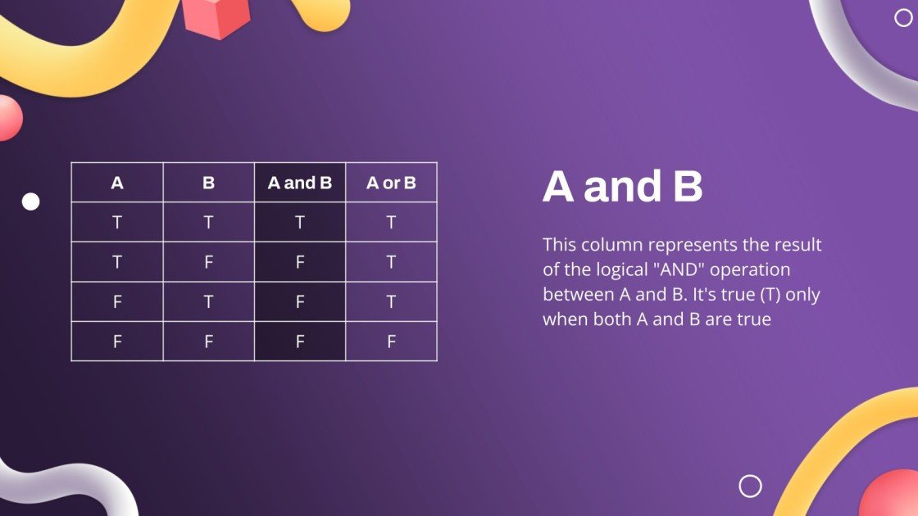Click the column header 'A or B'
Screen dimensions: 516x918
click(x=391, y=183)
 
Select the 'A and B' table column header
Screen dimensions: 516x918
click(x=300, y=183)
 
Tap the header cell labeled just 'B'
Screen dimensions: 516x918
click(x=208, y=183)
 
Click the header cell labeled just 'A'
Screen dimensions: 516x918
click(x=117, y=183)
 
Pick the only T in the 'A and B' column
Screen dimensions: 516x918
click(x=300, y=222)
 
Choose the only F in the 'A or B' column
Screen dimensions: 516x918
click(x=391, y=342)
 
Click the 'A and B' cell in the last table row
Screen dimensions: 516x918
click(x=300, y=342)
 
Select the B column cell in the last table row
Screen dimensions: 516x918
click(x=208, y=342)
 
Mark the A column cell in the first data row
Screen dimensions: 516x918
click(x=117, y=222)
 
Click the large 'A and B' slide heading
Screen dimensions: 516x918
click(x=623, y=187)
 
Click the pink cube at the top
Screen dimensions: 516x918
click(x=216, y=16)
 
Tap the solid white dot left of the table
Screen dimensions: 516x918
click(x=30, y=201)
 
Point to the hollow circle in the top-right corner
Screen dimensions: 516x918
click(x=903, y=18)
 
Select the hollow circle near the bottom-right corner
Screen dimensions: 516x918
click(x=750, y=486)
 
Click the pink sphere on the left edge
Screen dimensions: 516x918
click(x=8, y=117)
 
